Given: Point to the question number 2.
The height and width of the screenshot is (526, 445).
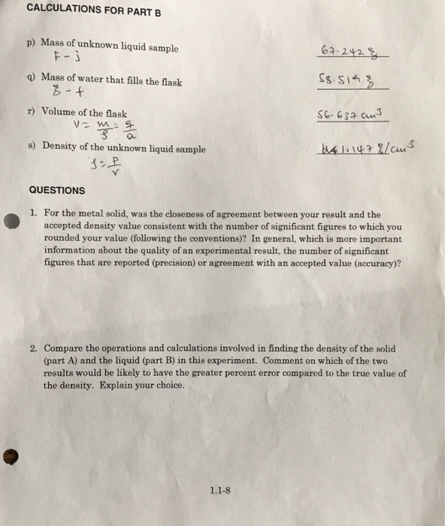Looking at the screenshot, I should click(35, 349).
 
